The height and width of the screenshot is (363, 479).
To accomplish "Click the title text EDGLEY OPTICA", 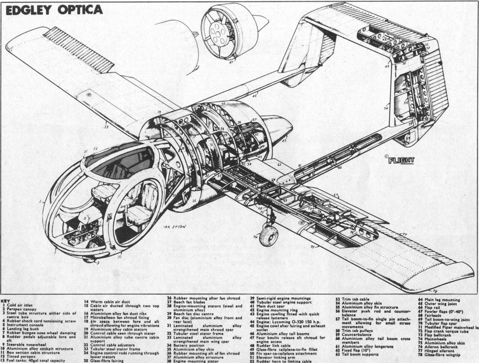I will coord(54,10).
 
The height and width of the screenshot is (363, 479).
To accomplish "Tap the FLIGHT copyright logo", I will coord(401,160).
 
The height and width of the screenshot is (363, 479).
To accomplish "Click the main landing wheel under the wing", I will coord(269,236).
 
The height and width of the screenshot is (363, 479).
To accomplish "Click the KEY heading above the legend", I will coord(5,301).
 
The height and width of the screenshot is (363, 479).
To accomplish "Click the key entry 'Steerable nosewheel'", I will coord(24,345).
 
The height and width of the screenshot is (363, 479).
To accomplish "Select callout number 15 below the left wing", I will coord(106,127).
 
